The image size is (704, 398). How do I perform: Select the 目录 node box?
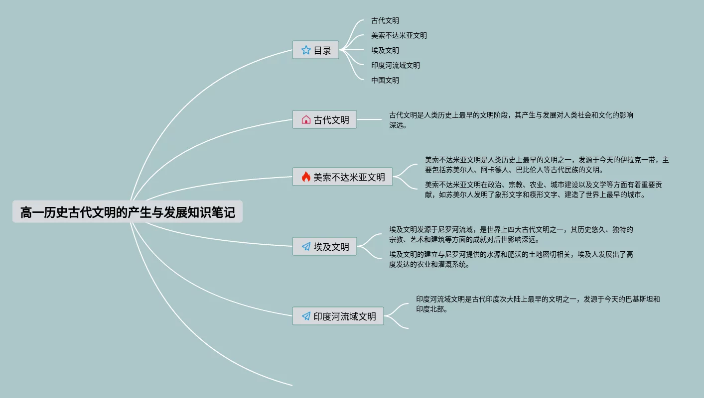315,50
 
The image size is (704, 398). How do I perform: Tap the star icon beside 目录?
306,50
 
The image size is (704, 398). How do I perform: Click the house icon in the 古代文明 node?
306,120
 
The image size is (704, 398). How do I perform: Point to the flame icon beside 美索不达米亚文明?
306,177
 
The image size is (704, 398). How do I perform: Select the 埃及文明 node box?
324,247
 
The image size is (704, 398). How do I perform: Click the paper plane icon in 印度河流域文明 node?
306,316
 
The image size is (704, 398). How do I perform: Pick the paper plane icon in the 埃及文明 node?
306,247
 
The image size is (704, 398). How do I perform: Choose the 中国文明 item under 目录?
385,80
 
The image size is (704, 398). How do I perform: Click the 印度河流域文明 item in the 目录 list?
396,65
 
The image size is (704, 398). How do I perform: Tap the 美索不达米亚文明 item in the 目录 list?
399,35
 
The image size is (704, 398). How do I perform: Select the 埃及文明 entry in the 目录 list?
385,50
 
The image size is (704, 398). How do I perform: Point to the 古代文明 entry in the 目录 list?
385,21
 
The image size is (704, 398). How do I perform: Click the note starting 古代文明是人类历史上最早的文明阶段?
511,120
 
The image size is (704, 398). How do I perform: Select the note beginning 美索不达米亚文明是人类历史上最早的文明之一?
547,165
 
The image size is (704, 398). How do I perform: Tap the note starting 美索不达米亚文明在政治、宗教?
543,190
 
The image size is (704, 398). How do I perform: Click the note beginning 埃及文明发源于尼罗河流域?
511,234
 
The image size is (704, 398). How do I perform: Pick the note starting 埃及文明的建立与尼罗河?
511,259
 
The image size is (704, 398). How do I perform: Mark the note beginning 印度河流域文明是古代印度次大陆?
538,304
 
